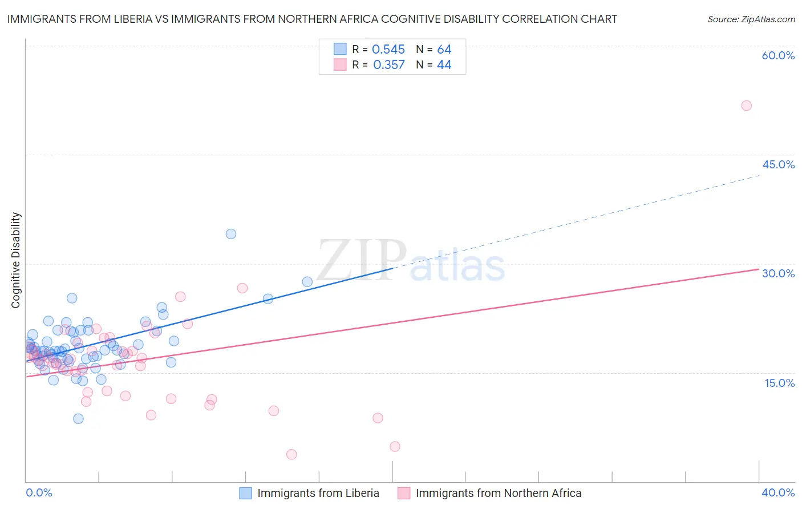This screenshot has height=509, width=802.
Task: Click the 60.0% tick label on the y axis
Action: tap(778, 55)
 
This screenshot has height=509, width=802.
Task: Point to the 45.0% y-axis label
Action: tap(778, 164)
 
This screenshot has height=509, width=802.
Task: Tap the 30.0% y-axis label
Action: tap(778, 273)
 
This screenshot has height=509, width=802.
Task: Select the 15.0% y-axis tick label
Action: tap(779, 383)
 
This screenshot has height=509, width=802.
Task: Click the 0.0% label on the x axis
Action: tap(39, 492)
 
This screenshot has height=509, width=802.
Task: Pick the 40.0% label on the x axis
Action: tap(778, 492)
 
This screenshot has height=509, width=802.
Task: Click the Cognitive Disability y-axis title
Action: tap(16, 260)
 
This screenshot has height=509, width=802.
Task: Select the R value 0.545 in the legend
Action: tap(388, 50)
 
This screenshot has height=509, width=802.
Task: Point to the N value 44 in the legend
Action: tap(444, 65)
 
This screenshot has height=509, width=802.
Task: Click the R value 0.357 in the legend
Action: tap(388, 65)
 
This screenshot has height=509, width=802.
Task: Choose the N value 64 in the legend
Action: tap(444, 50)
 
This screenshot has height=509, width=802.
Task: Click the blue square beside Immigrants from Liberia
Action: tap(245, 493)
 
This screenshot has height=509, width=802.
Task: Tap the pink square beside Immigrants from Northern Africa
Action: tap(404, 493)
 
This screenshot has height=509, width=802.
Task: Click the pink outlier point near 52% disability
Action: tap(746, 106)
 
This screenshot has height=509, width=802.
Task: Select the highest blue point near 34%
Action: tap(231, 234)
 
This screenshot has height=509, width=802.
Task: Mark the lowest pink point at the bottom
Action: tap(291, 454)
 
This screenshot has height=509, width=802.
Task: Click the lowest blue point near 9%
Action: tap(79, 419)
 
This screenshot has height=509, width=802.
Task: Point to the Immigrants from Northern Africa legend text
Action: tap(499, 493)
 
